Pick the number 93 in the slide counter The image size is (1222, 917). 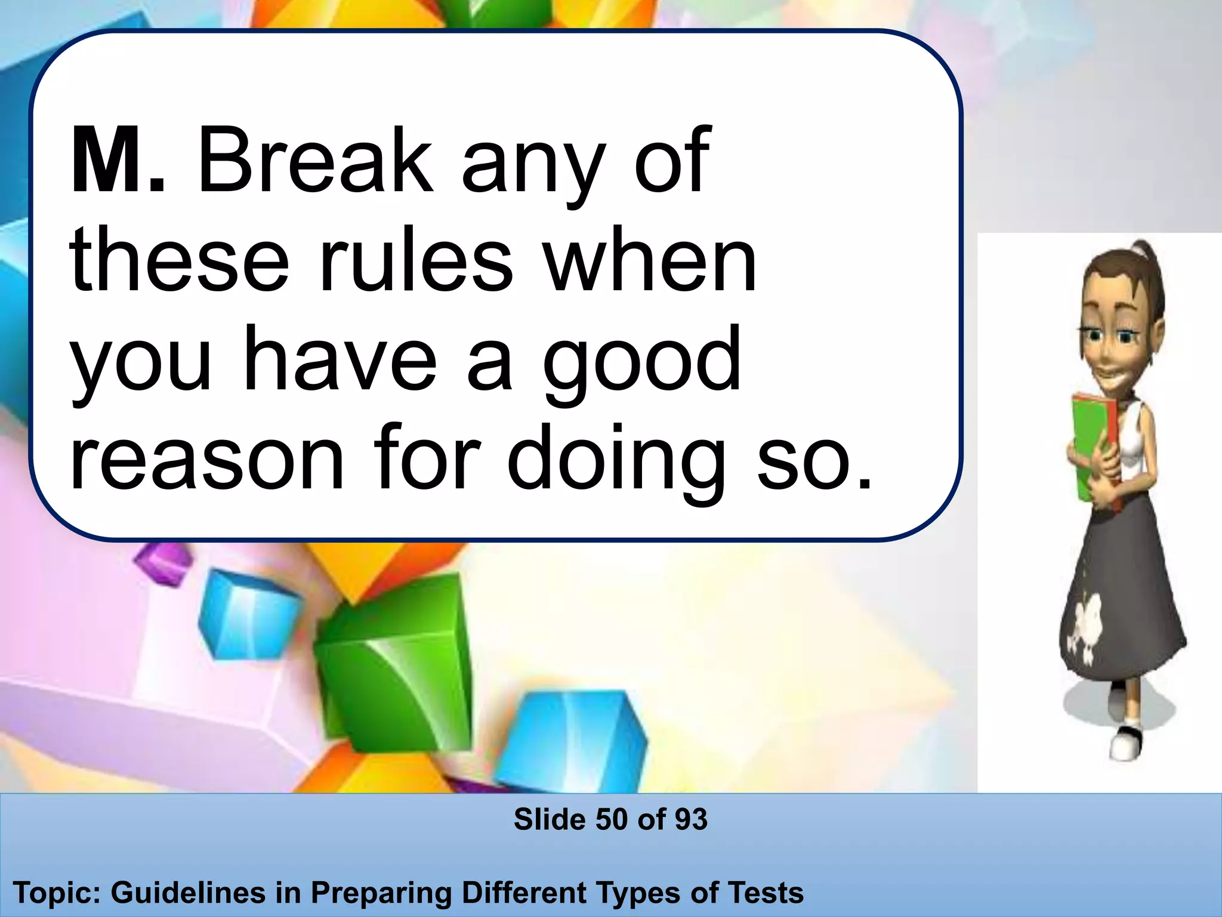coord(691,819)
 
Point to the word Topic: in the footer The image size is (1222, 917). coord(57,893)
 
